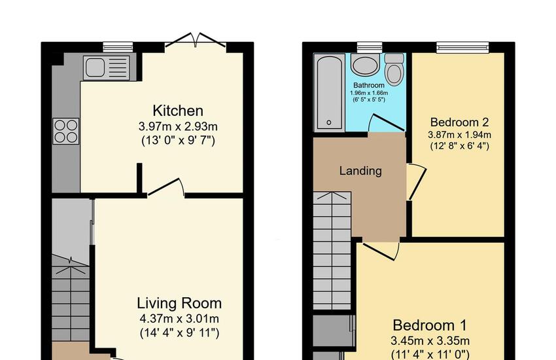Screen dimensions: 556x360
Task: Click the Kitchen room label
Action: (178, 111)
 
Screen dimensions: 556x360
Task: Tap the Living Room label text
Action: (179, 303)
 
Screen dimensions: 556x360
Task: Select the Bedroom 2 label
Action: (460, 122)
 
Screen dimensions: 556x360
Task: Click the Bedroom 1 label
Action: (430, 325)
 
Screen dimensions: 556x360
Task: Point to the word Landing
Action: (360, 171)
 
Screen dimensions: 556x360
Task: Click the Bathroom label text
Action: (369, 85)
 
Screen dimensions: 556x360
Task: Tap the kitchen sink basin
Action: (95, 67)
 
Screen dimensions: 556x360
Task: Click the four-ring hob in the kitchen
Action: (66, 131)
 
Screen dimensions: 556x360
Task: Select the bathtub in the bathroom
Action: (329, 92)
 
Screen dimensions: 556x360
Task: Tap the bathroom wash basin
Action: (365, 65)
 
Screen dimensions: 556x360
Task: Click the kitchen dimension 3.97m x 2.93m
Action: (178, 126)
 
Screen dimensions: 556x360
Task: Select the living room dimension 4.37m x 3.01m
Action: (179, 319)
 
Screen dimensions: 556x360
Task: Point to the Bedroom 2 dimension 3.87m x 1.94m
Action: (460, 135)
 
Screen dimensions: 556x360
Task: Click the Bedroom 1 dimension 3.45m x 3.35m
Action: (430, 341)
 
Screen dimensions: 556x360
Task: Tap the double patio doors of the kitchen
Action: (196, 40)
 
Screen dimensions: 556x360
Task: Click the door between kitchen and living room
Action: (166, 187)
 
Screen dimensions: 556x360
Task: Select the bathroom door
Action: (387, 122)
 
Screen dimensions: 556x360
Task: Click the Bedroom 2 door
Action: (416, 182)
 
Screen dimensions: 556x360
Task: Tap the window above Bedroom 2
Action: (462, 47)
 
